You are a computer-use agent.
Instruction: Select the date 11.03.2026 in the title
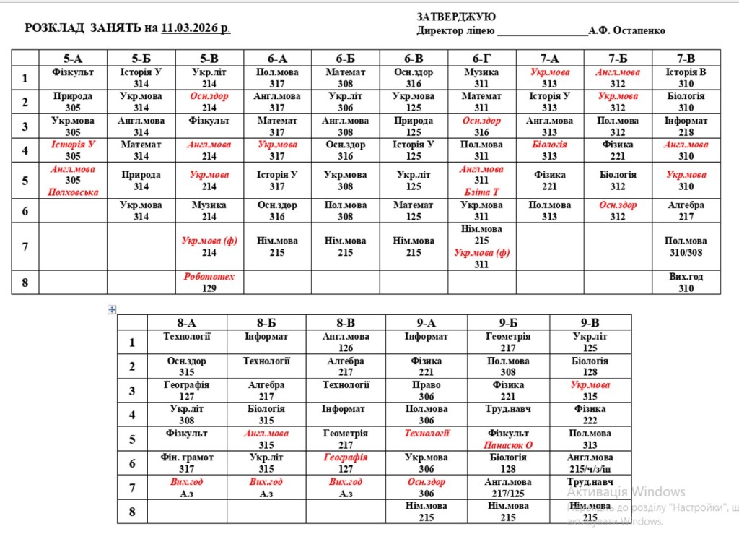click(195, 28)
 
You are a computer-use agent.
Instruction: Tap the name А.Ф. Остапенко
click(626, 30)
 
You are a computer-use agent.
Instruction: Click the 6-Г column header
click(481, 59)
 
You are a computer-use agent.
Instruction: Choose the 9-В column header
click(590, 323)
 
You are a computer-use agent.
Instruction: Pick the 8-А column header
click(186, 323)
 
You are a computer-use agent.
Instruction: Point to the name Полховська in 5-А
click(73, 192)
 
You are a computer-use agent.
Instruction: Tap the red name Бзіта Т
click(481, 192)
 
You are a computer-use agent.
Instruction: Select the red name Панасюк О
click(508, 445)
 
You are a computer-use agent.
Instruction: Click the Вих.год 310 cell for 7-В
click(686, 283)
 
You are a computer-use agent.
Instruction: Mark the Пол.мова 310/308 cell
click(686, 246)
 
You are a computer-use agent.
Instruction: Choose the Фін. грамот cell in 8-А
click(187, 463)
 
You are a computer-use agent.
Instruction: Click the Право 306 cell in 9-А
click(426, 391)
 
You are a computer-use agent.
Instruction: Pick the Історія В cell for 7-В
click(686, 78)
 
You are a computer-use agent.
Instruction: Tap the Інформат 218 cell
click(686, 126)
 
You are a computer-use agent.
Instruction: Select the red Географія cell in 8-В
click(346, 463)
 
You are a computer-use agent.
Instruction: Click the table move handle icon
click(112, 310)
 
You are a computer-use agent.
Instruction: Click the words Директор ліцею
click(455, 30)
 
